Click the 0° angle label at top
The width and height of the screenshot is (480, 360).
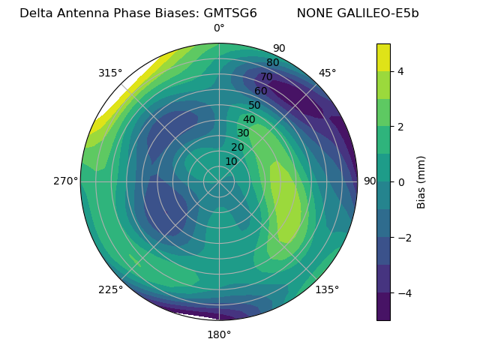click(219, 28)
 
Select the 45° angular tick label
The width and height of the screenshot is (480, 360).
click(327, 73)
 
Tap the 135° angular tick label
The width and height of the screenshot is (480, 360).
click(327, 289)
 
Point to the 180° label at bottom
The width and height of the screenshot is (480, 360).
click(219, 334)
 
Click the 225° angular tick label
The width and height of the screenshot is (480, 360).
click(110, 289)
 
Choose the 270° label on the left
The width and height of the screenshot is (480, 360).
click(66, 181)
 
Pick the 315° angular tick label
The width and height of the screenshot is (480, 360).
click(110, 73)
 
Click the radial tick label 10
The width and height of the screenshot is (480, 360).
click(231, 161)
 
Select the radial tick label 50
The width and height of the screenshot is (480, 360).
click(255, 106)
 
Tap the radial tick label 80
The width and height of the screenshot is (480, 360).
click(273, 63)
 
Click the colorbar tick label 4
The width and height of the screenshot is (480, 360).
click(401, 71)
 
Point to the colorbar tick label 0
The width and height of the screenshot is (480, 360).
click(401, 181)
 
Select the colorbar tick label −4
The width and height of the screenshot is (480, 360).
click(403, 292)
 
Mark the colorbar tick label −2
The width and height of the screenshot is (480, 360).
click(403, 237)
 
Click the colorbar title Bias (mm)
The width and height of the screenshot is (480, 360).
click(421, 181)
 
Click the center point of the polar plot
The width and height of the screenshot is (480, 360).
click(219, 181)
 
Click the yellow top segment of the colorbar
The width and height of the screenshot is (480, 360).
click(383, 57)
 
